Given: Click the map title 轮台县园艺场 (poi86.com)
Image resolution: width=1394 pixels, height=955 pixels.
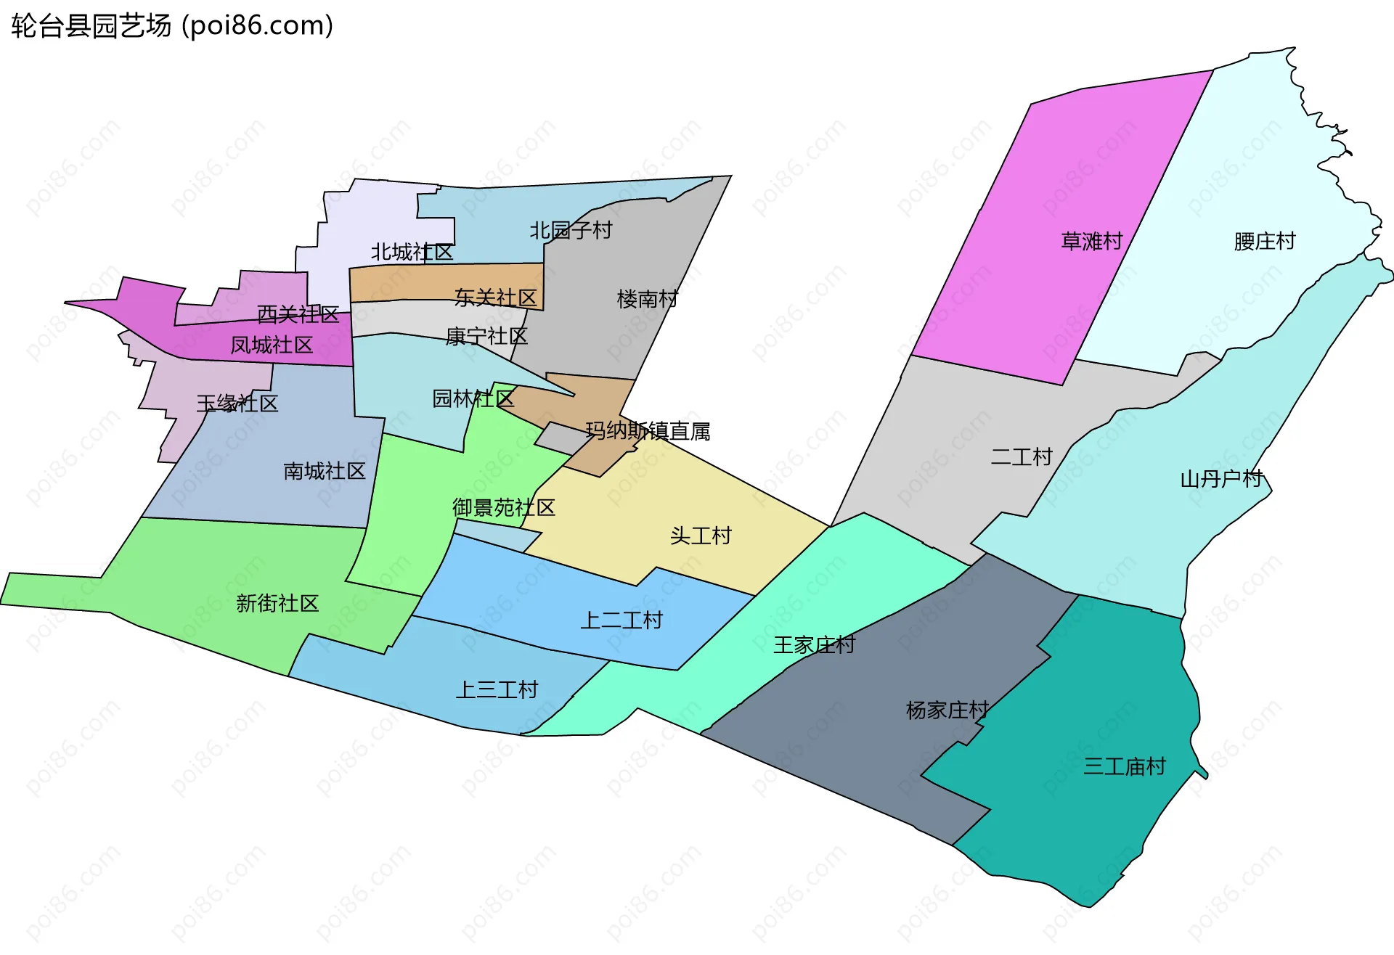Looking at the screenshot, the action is [172, 26].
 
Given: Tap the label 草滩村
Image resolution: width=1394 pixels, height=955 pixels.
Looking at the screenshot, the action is [1091, 241].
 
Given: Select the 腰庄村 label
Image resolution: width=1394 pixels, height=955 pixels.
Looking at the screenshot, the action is [1264, 241].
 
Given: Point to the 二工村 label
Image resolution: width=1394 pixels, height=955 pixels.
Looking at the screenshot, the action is [1021, 456].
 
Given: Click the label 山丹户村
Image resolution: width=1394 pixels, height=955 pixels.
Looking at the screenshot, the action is [1222, 479].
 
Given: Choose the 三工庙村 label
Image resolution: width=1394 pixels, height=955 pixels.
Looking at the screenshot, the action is [1124, 766].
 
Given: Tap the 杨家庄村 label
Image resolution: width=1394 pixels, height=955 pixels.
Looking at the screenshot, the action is [947, 710].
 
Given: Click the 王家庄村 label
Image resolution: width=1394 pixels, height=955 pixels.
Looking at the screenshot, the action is [814, 644].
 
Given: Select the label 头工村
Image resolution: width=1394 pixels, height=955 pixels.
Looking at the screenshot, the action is [700, 536].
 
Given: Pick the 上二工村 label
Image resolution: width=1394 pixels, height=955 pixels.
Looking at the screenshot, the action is [621, 620].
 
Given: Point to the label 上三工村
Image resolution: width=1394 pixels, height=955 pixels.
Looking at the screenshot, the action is [497, 689].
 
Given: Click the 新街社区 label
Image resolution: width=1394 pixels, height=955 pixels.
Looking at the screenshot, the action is [277, 603].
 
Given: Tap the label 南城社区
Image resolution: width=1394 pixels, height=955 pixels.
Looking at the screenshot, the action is [324, 471].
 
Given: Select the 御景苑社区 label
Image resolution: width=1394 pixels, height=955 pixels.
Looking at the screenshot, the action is [503, 507].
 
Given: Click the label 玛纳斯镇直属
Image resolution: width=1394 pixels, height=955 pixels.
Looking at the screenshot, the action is [648, 431].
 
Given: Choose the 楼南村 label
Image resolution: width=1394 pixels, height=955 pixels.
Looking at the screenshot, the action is [647, 298].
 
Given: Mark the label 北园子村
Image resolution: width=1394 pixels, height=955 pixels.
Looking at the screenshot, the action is [571, 230].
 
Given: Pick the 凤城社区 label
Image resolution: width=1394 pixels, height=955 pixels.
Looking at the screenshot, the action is [272, 345].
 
